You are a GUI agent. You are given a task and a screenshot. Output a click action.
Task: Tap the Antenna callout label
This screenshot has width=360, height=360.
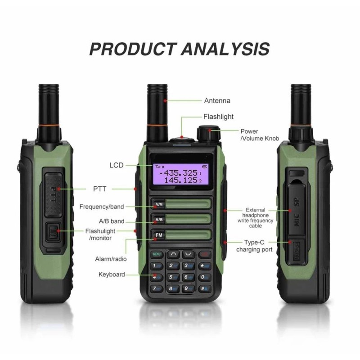[217, 101]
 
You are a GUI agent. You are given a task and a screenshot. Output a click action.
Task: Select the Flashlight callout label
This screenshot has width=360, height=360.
[218, 117]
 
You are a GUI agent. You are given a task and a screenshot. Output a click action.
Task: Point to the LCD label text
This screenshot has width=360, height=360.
[116, 165]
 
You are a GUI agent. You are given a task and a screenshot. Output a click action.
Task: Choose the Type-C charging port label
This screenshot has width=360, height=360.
[255, 246]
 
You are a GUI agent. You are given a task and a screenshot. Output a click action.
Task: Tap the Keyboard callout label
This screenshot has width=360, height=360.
[112, 274]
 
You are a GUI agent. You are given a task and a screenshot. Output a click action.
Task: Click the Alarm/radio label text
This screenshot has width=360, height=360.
[111, 259]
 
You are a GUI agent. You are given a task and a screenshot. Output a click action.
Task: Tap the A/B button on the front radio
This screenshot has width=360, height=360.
[159, 220]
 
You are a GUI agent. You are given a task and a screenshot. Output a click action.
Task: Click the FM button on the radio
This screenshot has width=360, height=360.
[159, 235]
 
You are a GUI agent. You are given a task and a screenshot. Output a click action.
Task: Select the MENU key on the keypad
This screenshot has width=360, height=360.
[157, 254]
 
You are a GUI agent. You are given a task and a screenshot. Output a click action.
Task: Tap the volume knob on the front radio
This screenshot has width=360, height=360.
[205, 133]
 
